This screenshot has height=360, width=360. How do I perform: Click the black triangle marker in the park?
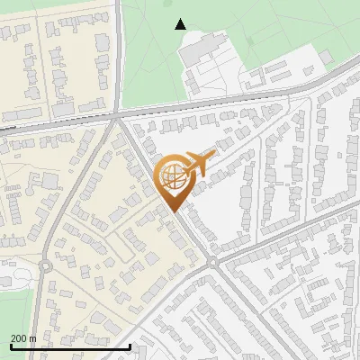tap(181, 24)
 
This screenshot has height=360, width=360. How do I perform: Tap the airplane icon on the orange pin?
tap(199, 164)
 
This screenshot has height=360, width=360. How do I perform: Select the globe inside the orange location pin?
tap(174, 178)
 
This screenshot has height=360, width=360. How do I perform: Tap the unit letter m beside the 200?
tap(32, 338)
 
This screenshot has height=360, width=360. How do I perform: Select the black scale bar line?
tap(70, 346)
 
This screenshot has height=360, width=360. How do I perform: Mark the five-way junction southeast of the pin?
tap(213, 262)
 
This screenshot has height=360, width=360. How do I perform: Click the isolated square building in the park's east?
tap(326, 56)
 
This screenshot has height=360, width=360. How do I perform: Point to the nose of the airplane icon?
tap(214, 157)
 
